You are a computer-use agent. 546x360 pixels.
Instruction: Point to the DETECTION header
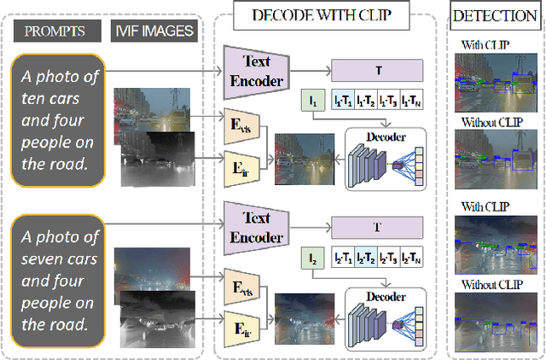tap(494, 15)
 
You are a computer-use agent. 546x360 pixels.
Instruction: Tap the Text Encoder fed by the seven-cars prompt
tap(256, 225)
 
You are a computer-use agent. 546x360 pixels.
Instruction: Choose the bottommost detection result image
tap(494, 319)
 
